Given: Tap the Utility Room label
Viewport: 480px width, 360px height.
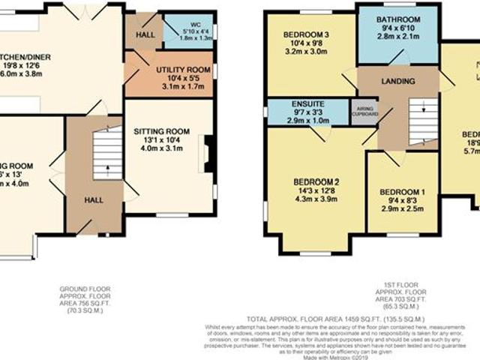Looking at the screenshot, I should pyautogui.click(x=180, y=70).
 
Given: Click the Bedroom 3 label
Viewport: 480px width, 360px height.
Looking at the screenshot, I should pyautogui.click(x=306, y=35).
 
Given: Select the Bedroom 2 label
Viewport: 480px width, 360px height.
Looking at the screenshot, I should pyautogui.click(x=316, y=181).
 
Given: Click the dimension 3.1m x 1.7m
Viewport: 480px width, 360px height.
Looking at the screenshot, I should pyautogui.click(x=180, y=86).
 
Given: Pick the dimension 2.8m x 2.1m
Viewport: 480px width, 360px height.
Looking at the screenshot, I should pyautogui.click(x=397, y=36).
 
